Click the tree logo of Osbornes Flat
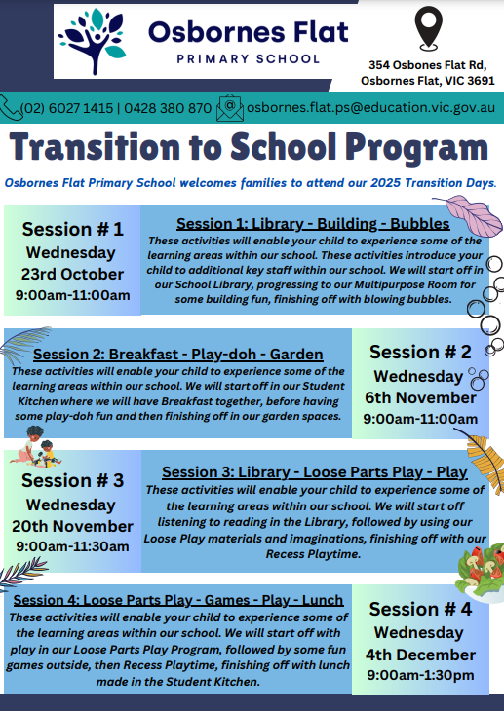[x=93, y=41]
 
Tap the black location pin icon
[x=428, y=27]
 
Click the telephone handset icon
[x=11, y=108]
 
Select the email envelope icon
[x=230, y=108]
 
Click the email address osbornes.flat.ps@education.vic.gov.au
[x=370, y=108]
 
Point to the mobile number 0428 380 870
[x=168, y=108]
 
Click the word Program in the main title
[x=416, y=148]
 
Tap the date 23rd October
[x=72, y=274]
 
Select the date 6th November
[x=420, y=397]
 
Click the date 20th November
[x=72, y=526]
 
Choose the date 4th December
[x=420, y=655]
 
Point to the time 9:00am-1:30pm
[x=420, y=675]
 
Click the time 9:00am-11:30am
[x=72, y=546]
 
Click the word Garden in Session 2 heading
[x=296, y=355]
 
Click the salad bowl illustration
[x=482, y=573]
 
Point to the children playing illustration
[x=35, y=447]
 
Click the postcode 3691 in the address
[x=481, y=81]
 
